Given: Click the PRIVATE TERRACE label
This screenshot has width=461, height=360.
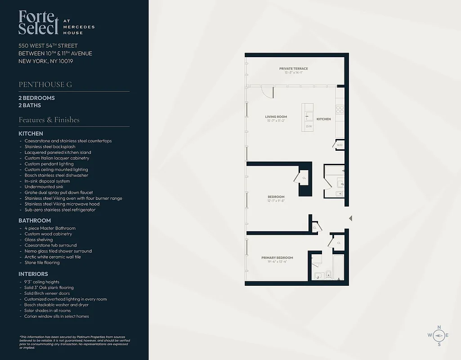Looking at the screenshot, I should coord(293,69).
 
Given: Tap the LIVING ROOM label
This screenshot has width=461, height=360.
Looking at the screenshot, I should coord(276,117).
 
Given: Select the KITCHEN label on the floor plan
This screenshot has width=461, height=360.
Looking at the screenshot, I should coord(323,119).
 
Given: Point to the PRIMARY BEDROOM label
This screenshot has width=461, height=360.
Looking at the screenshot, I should coord(277,258).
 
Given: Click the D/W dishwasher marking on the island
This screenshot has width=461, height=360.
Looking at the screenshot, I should coord(309,126).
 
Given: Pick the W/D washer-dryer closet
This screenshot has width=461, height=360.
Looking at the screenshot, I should coord(340,145).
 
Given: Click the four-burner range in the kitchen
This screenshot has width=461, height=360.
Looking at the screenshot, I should coord(340,109).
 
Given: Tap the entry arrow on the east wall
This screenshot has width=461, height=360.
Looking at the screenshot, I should coord(351,218).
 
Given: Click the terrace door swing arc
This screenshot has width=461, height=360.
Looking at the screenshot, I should coord(268,92).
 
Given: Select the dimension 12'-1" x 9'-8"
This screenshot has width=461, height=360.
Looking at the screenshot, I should coord(276,201).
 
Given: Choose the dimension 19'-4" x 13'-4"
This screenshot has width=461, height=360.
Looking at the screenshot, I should coord(277,262).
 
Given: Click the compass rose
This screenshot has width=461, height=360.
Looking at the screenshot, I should coord(439,335).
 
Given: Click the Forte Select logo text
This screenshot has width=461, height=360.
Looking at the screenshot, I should coord(39,22).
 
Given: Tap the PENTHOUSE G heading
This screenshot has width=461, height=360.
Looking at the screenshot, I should coord(45,85).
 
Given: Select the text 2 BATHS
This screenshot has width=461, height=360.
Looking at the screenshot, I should coord(30,105).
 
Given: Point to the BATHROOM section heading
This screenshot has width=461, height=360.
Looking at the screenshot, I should coord(35,220).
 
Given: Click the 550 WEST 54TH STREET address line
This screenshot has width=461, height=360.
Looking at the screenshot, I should coord(48,45).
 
